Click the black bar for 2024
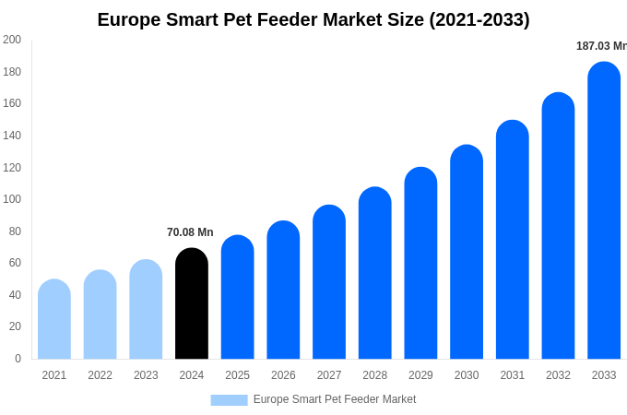point(192,304)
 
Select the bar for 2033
point(604,212)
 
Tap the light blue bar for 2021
point(54,320)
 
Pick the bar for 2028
point(375,274)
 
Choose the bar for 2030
point(467,253)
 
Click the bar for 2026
point(283,290)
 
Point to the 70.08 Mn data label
point(190,232)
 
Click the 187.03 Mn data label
point(601,46)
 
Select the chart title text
point(313,19)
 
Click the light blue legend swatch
point(229,399)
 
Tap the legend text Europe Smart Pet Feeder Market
point(335,399)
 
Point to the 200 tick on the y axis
point(12,40)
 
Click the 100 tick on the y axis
point(12,199)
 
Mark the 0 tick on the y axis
point(18,359)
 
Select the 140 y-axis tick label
point(12,136)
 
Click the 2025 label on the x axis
point(238,375)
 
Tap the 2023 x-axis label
point(146,375)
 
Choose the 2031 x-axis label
point(513,375)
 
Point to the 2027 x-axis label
point(329,375)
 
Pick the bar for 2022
point(101,315)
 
